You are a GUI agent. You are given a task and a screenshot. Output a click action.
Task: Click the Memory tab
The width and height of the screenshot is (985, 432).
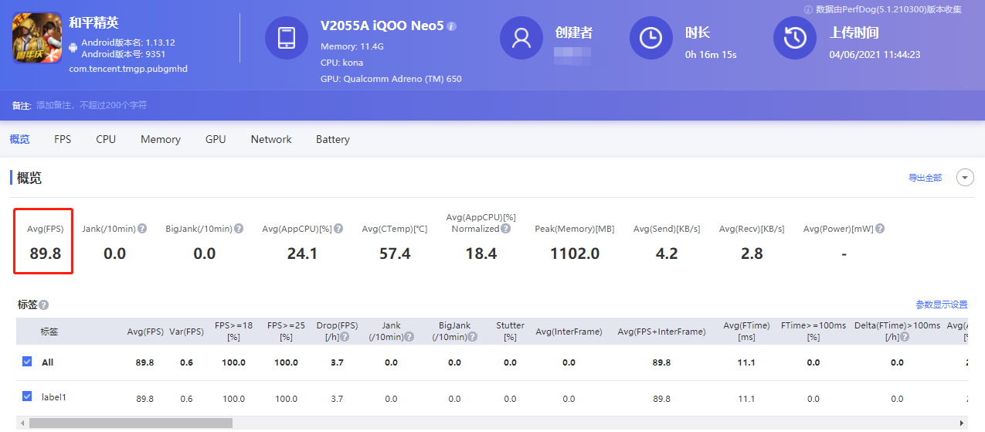pyautogui.click(x=160, y=139)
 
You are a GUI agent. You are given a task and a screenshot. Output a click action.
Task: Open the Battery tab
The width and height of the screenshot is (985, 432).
pyautogui.click(x=332, y=139)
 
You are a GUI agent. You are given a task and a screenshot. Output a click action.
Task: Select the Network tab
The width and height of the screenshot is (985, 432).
pyautogui.click(x=271, y=139)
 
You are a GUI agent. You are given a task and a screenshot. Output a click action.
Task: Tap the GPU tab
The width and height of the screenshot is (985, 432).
pyautogui.click(x=216, y=139)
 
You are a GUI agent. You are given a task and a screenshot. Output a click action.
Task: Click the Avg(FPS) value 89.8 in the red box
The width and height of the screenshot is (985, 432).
pyautogui.click(x=46, y=253)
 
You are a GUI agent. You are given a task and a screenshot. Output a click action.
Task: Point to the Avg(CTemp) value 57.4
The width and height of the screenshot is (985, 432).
pyautogui.click(x=395, y=253)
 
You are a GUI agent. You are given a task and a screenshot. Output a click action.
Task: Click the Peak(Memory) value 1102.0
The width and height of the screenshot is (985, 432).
pyautogui.click(x=574, y=253)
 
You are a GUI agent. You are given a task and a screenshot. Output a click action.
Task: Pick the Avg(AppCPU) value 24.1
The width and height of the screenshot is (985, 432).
pyautogui.click(x=302, y=253)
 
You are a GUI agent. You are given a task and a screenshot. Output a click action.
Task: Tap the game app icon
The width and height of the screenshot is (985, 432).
pyautogui.click(x=37, y=37)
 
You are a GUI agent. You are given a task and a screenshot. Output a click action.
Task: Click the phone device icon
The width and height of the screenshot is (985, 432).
pyautogui.click(x=287, y=37)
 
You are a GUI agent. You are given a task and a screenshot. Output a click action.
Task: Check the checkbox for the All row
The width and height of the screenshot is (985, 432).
pyautogui.click(x=27, y=362)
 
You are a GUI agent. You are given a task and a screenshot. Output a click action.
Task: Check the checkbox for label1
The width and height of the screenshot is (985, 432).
pyautogui.click(x=27, y=397)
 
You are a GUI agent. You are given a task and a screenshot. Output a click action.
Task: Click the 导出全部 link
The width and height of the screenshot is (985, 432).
pyautogui.click(x=925, y=178)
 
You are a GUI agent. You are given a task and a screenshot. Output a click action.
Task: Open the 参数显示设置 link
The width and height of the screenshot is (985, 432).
pyautogui.click(x=941, y=304)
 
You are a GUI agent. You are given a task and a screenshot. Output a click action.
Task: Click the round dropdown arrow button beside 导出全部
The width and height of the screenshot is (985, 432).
pyautogui.click(x=965, y=178)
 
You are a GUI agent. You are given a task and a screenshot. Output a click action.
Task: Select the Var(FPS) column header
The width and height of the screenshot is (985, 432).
pyautogui.click(x=186, y=332)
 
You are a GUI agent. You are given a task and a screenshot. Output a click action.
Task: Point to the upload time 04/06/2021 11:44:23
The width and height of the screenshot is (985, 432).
pyautogui.click(x=875, y=55)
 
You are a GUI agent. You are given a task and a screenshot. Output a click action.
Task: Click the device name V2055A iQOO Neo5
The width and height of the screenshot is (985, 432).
pyautogui.click(x=382, y=26)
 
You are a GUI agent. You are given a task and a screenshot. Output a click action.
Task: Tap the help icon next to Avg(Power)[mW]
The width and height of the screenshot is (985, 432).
pyautogui.click(x=880, y=229)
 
